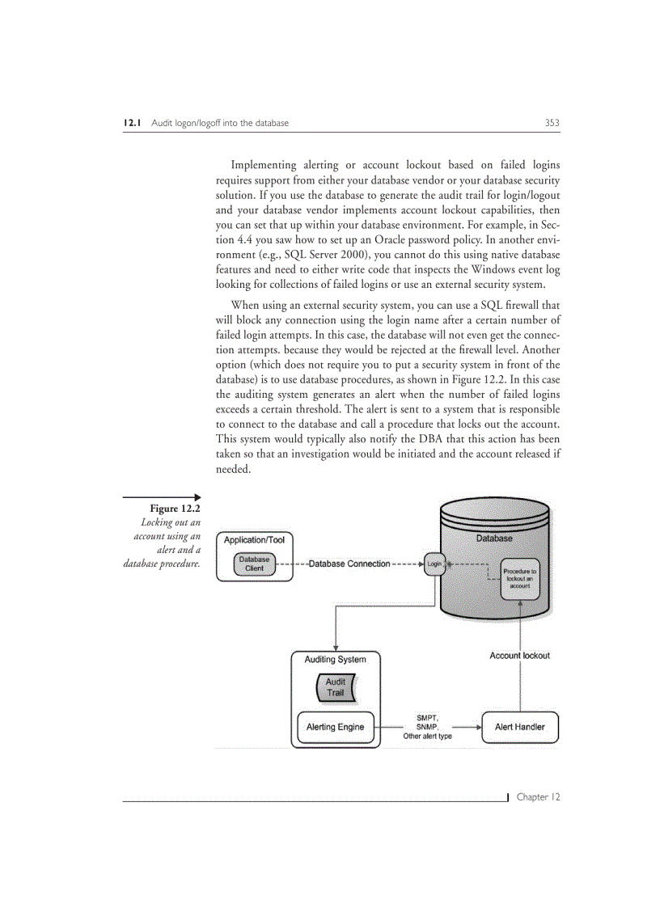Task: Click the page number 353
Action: (x=552, y=123)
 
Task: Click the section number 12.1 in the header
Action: (x=133, y=123)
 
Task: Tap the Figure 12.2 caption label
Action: (x=175, y=508)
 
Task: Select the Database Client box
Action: (x=254, y=564)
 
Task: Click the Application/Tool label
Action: (x=254, y=540)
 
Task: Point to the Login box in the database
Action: (x=434, y=564)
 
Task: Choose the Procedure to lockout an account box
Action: (x=519, y=577)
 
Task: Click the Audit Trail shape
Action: (x=335, y=687)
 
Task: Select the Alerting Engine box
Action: (x=335, y=727)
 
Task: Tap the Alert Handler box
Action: (x=519, y=727)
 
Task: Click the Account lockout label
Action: (x=519, y=656)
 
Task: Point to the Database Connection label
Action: (x=349, y=564)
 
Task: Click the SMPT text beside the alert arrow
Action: (x=427, y=717)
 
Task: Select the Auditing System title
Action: (x=335, y=660)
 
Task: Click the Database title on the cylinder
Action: (x=493, y=538)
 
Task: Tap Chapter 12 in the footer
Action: (x=538, y=797)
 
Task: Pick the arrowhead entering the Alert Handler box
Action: (x=478, y=727)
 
